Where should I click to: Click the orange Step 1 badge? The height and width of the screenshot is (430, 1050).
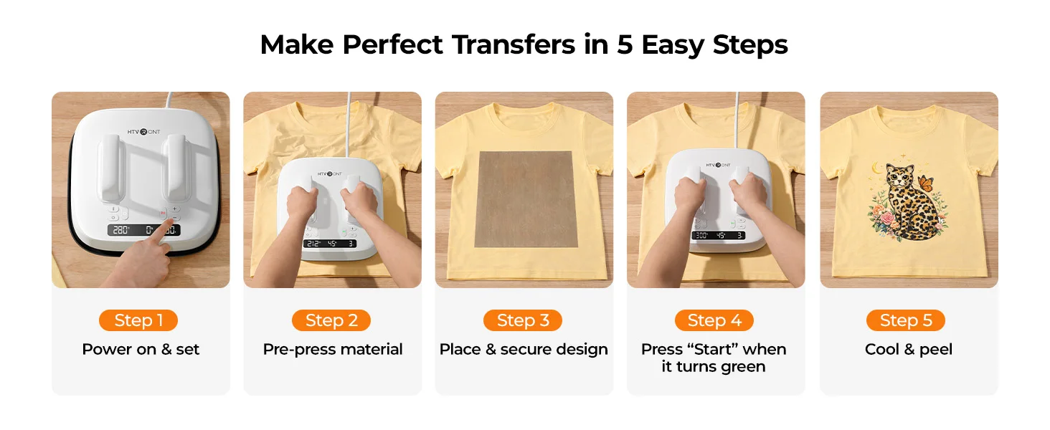pos(138,320)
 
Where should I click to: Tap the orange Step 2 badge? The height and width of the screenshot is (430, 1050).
pos(331,320)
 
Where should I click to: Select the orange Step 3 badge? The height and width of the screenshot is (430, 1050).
pos(523,320)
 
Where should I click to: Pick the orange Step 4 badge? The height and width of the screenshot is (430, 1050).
pos(714,320)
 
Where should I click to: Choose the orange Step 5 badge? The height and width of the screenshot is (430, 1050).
pos(906,320)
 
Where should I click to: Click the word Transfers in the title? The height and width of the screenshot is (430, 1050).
pos(514,44)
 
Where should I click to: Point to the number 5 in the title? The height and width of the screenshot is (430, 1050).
pos(625,45)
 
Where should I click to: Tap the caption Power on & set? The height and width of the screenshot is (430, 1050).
pos(141,350)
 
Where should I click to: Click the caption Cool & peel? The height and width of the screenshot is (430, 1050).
pos(909,350)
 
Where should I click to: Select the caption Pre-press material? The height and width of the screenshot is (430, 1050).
pos(332,350)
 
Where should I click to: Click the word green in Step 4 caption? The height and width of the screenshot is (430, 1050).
pos(743,367)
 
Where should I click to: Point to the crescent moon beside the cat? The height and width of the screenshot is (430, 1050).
pos(876,168)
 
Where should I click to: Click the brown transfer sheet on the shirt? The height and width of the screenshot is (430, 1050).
pos(526,199)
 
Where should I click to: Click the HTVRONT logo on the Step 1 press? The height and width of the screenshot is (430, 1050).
pos(144,132)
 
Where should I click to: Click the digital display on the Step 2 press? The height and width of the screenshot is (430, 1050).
pos(330,244)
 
